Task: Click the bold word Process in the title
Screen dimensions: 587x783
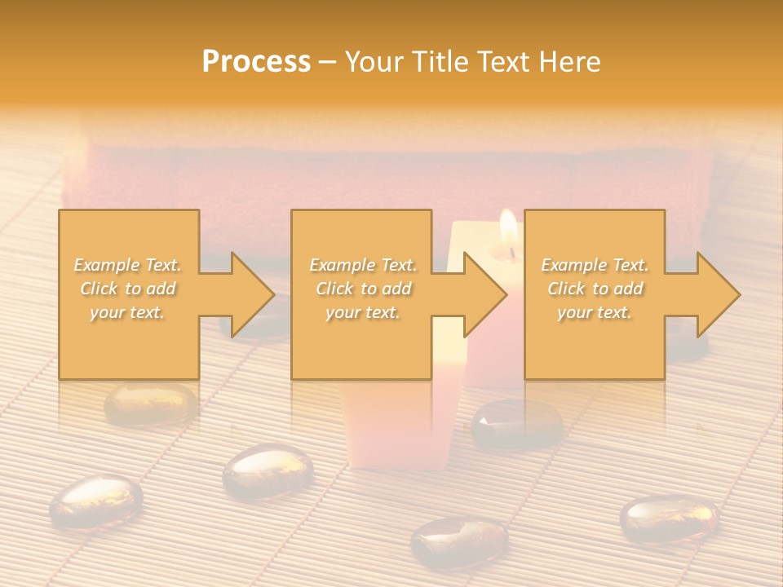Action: click(x=256, y=62)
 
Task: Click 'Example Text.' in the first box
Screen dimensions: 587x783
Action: click(x=128, y=265)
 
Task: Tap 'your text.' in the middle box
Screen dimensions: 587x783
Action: click(x=362, y=312)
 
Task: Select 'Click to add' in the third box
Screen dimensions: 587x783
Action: click(x=595, y=289)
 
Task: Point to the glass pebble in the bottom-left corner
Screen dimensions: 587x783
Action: click(x=95, y=499)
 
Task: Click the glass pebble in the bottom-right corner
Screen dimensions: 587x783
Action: click(x=669, y=518)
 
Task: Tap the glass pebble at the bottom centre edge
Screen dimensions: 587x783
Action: click(x=459, y=540)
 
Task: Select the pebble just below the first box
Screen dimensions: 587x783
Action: click(x=151, y=403)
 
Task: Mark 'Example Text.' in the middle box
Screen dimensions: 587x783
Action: click(x=362, y=265)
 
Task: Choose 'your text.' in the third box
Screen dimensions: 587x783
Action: click(x=595, y=312)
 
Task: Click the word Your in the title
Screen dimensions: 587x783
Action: click(x=373, y=62)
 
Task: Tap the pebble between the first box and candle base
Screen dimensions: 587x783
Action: click(x=268, y=471)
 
